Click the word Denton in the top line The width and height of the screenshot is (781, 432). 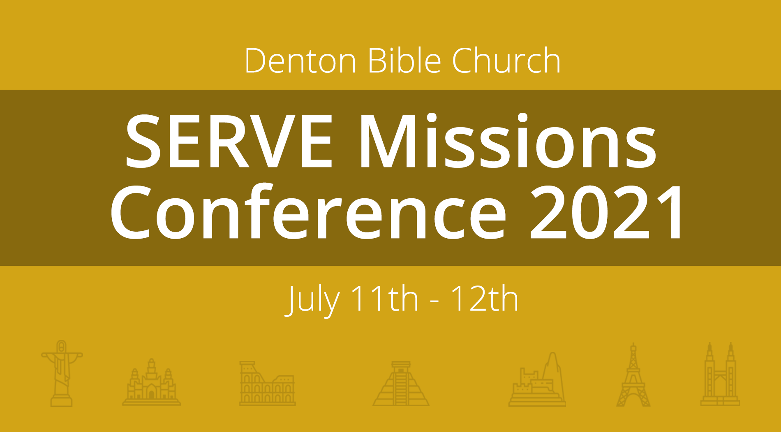pos(300,60)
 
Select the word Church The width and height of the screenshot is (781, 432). pos(506,60)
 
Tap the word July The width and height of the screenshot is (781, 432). pos(312,300)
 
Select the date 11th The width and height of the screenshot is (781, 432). pos(384,298)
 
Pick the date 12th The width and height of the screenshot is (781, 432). pos(484,298)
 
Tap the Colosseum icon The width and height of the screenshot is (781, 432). pos(267,383)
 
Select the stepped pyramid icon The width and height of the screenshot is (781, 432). pos(401,383)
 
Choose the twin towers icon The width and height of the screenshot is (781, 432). pos(720,374)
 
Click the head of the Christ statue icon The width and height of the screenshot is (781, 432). pos(62,346)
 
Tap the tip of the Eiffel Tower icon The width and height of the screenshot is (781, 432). pos(633,343)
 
